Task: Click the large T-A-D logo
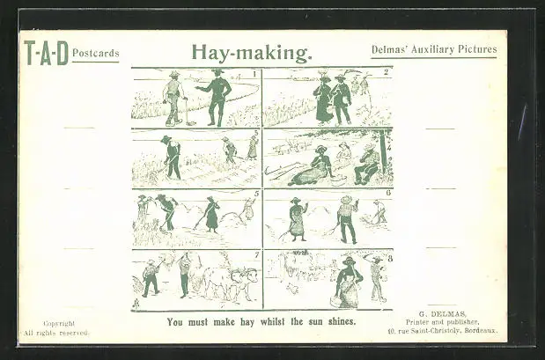(47, 53)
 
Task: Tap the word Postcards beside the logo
(96, 53)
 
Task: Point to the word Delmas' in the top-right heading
(390, 49)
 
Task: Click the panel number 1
(254, 74)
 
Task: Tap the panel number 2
(387, 72)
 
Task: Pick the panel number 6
(388, 193)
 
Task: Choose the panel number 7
(256, 255)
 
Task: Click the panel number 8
(390, 259)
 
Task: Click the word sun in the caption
(316, 321)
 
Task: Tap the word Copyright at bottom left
(59, 324)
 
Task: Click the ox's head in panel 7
(247, 277)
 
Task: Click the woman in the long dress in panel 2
(324, 99)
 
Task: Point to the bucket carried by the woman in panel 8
(335, 301)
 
